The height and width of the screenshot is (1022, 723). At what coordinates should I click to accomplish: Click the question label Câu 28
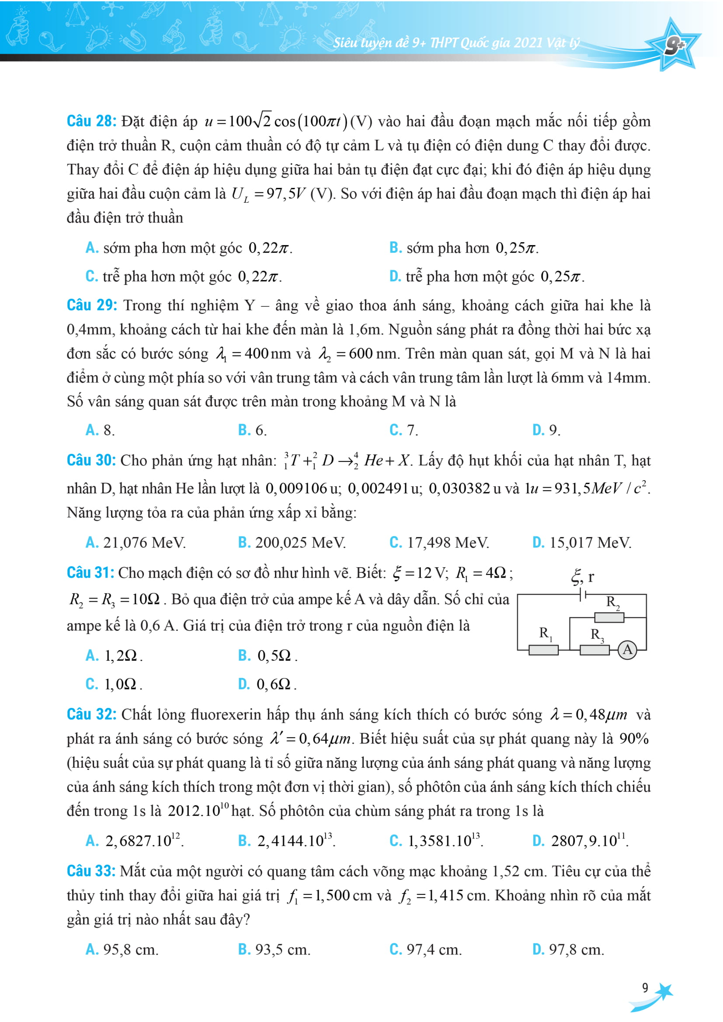tap(91, 121)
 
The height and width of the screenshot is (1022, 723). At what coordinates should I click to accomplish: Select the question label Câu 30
tap(91, 460)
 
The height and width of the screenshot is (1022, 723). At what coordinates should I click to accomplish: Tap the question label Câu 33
tap(91, 871)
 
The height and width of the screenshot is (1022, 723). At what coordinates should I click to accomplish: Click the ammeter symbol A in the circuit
tap(627, 649)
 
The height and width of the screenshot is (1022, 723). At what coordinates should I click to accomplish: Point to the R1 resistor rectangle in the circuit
tap(543, 650)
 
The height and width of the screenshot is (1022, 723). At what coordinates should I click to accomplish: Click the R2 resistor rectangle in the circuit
tap(609, 617)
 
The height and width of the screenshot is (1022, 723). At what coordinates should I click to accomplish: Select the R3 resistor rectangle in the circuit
tap(594, 650)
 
